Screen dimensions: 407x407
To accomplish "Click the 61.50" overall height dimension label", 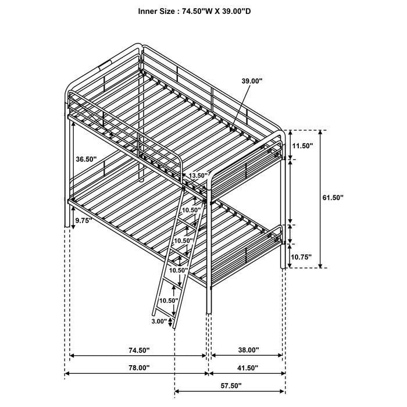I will coord(333,198).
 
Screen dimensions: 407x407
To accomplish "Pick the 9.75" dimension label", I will coord(84,221).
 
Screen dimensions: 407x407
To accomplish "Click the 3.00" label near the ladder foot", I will coord(159,321).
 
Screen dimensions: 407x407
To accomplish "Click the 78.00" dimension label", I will coord(138,367).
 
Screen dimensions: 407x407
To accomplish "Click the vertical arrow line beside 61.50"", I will coord(320,198).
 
